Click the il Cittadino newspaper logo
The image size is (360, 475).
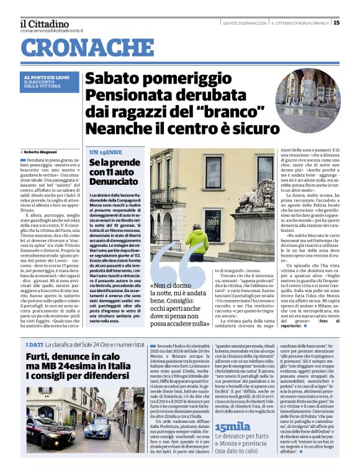point(45,24)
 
